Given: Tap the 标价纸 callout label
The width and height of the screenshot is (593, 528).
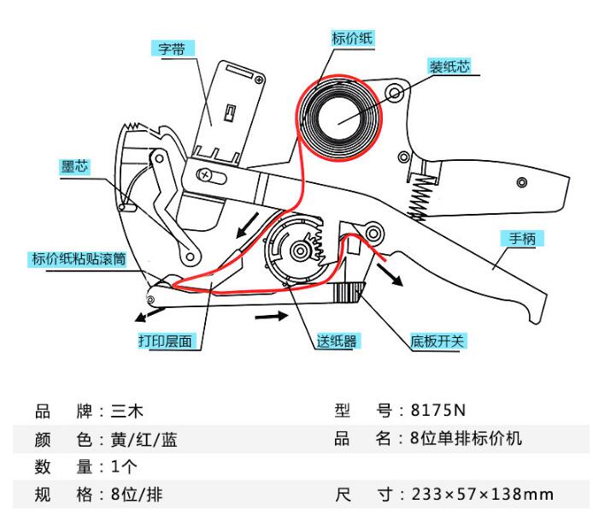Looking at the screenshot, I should click(352, 38).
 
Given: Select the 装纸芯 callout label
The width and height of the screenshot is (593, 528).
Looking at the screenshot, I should click(453, 65).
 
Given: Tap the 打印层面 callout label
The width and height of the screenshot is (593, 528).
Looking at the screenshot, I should click(168, 340).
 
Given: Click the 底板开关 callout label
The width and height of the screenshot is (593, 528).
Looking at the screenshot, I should click(437, 341).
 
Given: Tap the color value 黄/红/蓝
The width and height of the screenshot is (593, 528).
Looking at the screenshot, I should click(144, 440).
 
